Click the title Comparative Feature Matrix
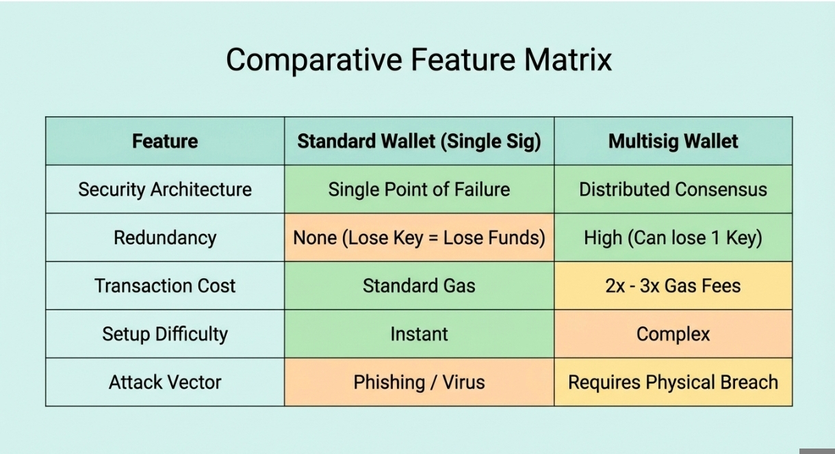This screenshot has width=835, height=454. [419, 59]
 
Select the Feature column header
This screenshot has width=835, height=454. [165, 141]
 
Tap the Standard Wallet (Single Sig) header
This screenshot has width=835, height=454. [419, 142]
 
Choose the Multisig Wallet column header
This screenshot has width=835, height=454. [673, 142]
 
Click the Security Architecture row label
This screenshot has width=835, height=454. [165, 189]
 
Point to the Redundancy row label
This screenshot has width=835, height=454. [165, 238]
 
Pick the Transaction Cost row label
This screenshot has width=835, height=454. [165, 286]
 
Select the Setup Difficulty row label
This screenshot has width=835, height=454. [165, 334]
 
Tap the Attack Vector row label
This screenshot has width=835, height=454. [165, 382]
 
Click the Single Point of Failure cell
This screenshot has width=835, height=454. [419, 189]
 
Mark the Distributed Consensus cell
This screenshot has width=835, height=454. [673, 189]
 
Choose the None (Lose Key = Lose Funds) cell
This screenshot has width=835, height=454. [419, 238]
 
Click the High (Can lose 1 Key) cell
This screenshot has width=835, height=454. [673, 238]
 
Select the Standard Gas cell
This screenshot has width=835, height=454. [419, 286]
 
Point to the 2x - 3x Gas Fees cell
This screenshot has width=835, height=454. [673, 286]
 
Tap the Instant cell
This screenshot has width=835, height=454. [419, 334]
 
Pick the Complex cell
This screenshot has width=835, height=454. [673, 334]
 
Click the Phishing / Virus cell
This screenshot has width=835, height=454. [419, 382]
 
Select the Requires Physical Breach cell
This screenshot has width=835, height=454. [673, 382]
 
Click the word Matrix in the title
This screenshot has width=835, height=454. [567, 59]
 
